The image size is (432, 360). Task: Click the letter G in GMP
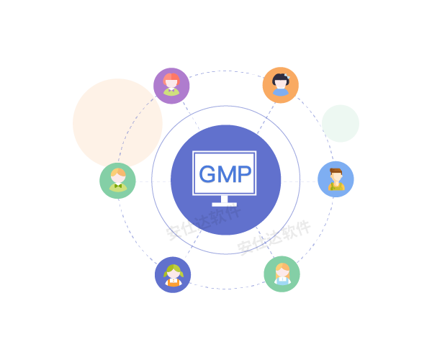[x=207, y=174]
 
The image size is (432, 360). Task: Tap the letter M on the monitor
[x=225, y=174]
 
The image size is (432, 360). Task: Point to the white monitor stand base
[x=225, y=204]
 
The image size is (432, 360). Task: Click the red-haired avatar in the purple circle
[x=171, y=85]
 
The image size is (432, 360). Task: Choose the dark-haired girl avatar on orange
[x=280, y=85]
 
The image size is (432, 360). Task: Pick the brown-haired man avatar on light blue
[x=336, y=179]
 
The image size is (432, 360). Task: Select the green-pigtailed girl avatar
[x=173, y=274]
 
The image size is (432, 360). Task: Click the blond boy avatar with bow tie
[x=117, y=181]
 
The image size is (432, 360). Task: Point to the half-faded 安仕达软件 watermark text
[x=198, y=225]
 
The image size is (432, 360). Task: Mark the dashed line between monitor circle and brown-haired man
[x=299, y=181]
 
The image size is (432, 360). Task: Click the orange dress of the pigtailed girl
[x=173, y=282]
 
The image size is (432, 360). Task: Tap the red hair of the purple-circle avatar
[x=171, y=78]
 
